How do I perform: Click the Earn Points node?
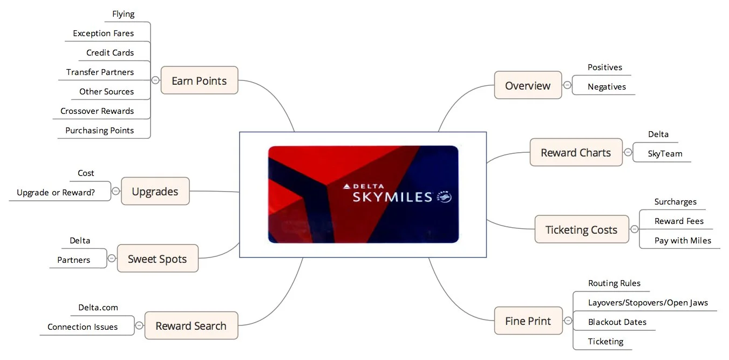coord(199,80)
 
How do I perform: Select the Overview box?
coord(527,85)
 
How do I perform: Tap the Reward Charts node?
coord(575,152)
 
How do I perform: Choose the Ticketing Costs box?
coord(581,229)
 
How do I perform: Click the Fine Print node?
coord(528,321)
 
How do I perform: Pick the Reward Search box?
coord(190,325)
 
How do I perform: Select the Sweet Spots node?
coord(157,259)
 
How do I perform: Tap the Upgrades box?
coord(155,191)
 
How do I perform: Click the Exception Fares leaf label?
coord(103,33)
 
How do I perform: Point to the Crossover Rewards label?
coord(97,111)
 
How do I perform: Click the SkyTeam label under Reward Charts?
coord(665,154)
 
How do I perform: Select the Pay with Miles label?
coord(683,241)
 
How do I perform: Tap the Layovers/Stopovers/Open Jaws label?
coord(648,303)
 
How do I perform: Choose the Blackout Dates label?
coord(617,322)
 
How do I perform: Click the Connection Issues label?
coord(82,327)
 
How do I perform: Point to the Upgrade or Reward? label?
coord(56,193)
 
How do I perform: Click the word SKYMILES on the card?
coord(392,197)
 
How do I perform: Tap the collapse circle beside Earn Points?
coord(155,80)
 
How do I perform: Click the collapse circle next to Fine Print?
coord(568,321)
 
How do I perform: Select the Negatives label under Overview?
coord(607,87)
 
